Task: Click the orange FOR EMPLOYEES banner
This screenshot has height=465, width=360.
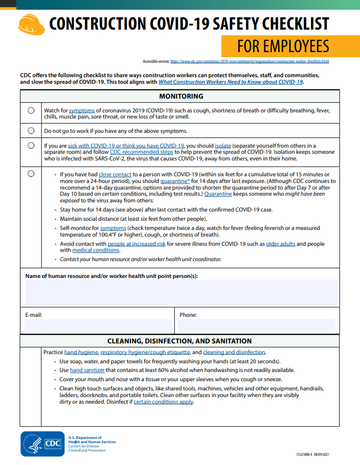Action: click(x=283, y=46)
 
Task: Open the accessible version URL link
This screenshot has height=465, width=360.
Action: click(x=250, y=61)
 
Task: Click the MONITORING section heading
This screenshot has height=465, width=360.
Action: click(x=181, y=96)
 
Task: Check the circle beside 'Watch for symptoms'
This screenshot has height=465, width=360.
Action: click(x=31, y=110)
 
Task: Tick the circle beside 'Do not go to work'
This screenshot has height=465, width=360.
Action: click(x=31, y=131)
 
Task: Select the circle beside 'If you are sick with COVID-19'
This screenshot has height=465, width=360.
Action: click(x=31, y=146)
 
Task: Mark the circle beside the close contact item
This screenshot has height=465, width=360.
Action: click(x=31, y=174)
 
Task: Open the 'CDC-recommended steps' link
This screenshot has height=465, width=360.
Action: click(x=142, y=152)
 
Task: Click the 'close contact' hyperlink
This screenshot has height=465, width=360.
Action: click(x=116, y=174)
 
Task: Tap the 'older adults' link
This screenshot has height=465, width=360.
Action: click(x=280, y=244)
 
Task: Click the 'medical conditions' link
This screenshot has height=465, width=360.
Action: click(x=96, y=250)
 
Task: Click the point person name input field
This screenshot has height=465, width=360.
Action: click(x=181, y=293)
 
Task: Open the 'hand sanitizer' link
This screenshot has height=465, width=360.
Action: click(x=87, y=370)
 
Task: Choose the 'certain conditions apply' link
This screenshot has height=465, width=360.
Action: click(x=164, y=402)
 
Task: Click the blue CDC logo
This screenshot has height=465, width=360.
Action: click(x=43, y=444)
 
